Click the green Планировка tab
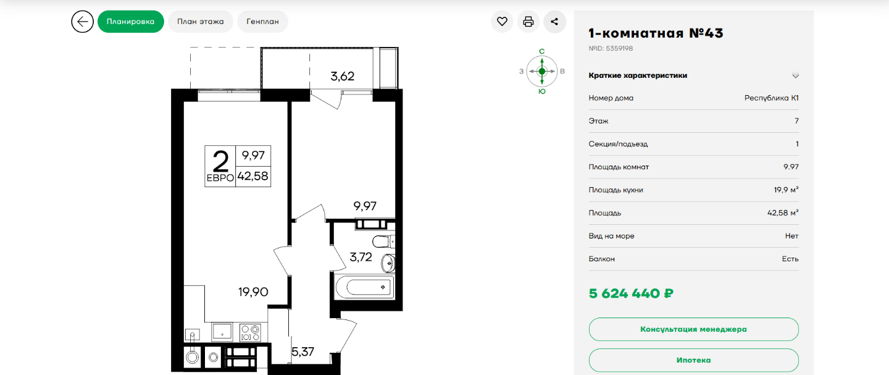tap(131, 22)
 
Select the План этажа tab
tap(201, 22)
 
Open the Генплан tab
tap(263, 22)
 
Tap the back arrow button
tap(83, 22)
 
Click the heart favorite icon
tap(502, 22)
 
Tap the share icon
tap(554, 22)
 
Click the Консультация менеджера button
tap(693, 329)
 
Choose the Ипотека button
tap(693, 360)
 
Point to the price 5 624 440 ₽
tap(631, 293)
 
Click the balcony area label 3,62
tap(343, 76)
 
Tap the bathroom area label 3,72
tap(361, 257)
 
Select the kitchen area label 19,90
tap(253, 292)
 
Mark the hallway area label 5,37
tap(303, 352)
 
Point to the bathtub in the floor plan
tap(365, 286)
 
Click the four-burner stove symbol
tap(251, 333)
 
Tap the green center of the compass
tap(542, 72)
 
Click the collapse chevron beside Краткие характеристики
tap(795, 75)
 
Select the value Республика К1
tap(772, 98)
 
